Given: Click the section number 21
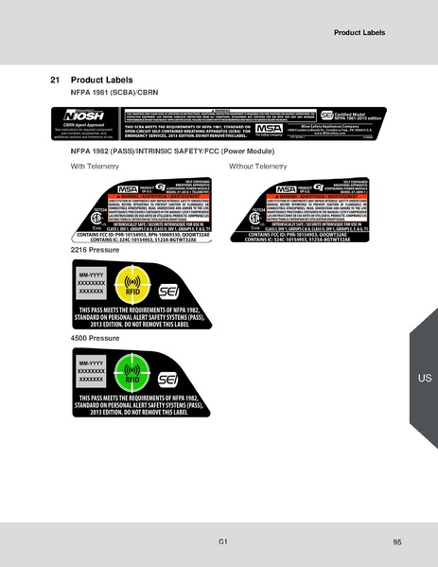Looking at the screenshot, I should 54,80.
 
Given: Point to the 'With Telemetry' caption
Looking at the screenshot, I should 99,166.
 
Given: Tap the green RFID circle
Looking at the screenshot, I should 131,371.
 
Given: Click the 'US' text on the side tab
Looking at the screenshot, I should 424,378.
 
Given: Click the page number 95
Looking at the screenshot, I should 396,541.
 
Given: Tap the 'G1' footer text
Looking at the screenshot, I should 221,540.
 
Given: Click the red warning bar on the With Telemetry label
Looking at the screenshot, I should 166,197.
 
